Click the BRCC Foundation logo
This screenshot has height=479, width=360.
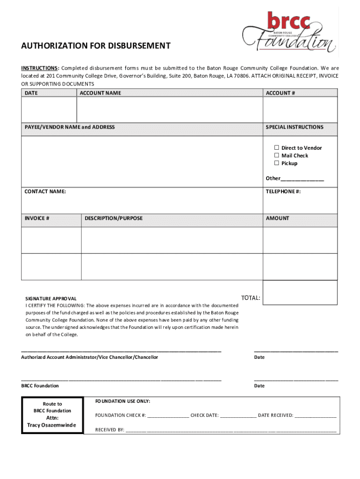pos(289,32)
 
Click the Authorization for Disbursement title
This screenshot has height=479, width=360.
pos(95,46)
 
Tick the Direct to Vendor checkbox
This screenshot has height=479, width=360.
pos(277,148)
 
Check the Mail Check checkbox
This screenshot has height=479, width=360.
pos(277,155)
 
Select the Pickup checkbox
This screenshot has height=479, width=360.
pos(277,163)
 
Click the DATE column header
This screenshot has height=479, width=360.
pos(31,93)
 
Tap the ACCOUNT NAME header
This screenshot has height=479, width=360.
pos(100,93)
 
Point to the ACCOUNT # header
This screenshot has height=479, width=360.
pos(281,93)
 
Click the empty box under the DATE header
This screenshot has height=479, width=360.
pos(49,109)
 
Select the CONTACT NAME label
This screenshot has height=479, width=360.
pos(45,191)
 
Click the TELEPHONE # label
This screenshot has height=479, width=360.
pos(283,191)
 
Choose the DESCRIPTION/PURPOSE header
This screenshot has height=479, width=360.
pos(114,218)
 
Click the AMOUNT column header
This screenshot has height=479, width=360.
pos(278,218)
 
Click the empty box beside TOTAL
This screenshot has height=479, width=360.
pos(300,292)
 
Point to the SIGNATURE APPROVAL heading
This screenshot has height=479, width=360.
pos(50,298)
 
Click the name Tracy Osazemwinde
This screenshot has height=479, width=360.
pos(52,425)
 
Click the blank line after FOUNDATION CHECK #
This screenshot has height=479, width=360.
pos(168,415)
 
